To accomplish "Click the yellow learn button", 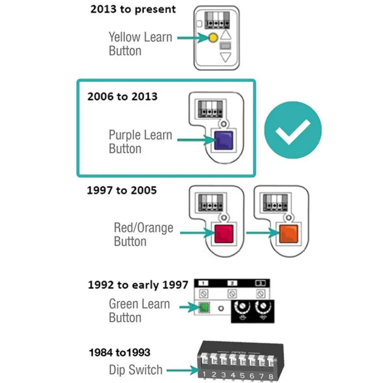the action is [x=213, y=38].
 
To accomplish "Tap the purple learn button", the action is [x=224, y=140].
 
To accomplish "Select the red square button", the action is [x=224, y=234].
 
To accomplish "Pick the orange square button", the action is [x=288, y=234].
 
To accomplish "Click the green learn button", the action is [x=204, y=307].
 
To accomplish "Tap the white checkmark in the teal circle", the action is [x=293, y=132].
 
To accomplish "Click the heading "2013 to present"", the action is [x=133, y=9].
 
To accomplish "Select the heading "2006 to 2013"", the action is [x=122, y=96].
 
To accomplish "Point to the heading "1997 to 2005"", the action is [x=122, y=190].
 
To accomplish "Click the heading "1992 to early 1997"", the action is [x=138, y=285].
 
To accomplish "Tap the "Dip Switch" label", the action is [x=136, y=370].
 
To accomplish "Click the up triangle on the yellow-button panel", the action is [x=226, y=35].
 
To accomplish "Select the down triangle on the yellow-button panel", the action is [x=225, y=57].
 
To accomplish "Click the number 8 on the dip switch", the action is [x=271, y=376].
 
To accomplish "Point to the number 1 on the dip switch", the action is [x=204, y=374].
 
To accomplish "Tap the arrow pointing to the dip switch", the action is [x=183, y=370].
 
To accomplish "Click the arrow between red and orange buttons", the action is [x=262, y=232].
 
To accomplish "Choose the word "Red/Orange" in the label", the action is [x=144, y=228].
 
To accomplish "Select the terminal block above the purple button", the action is [x=210, y=109].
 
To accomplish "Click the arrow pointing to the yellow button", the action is [x=193, y=37].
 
